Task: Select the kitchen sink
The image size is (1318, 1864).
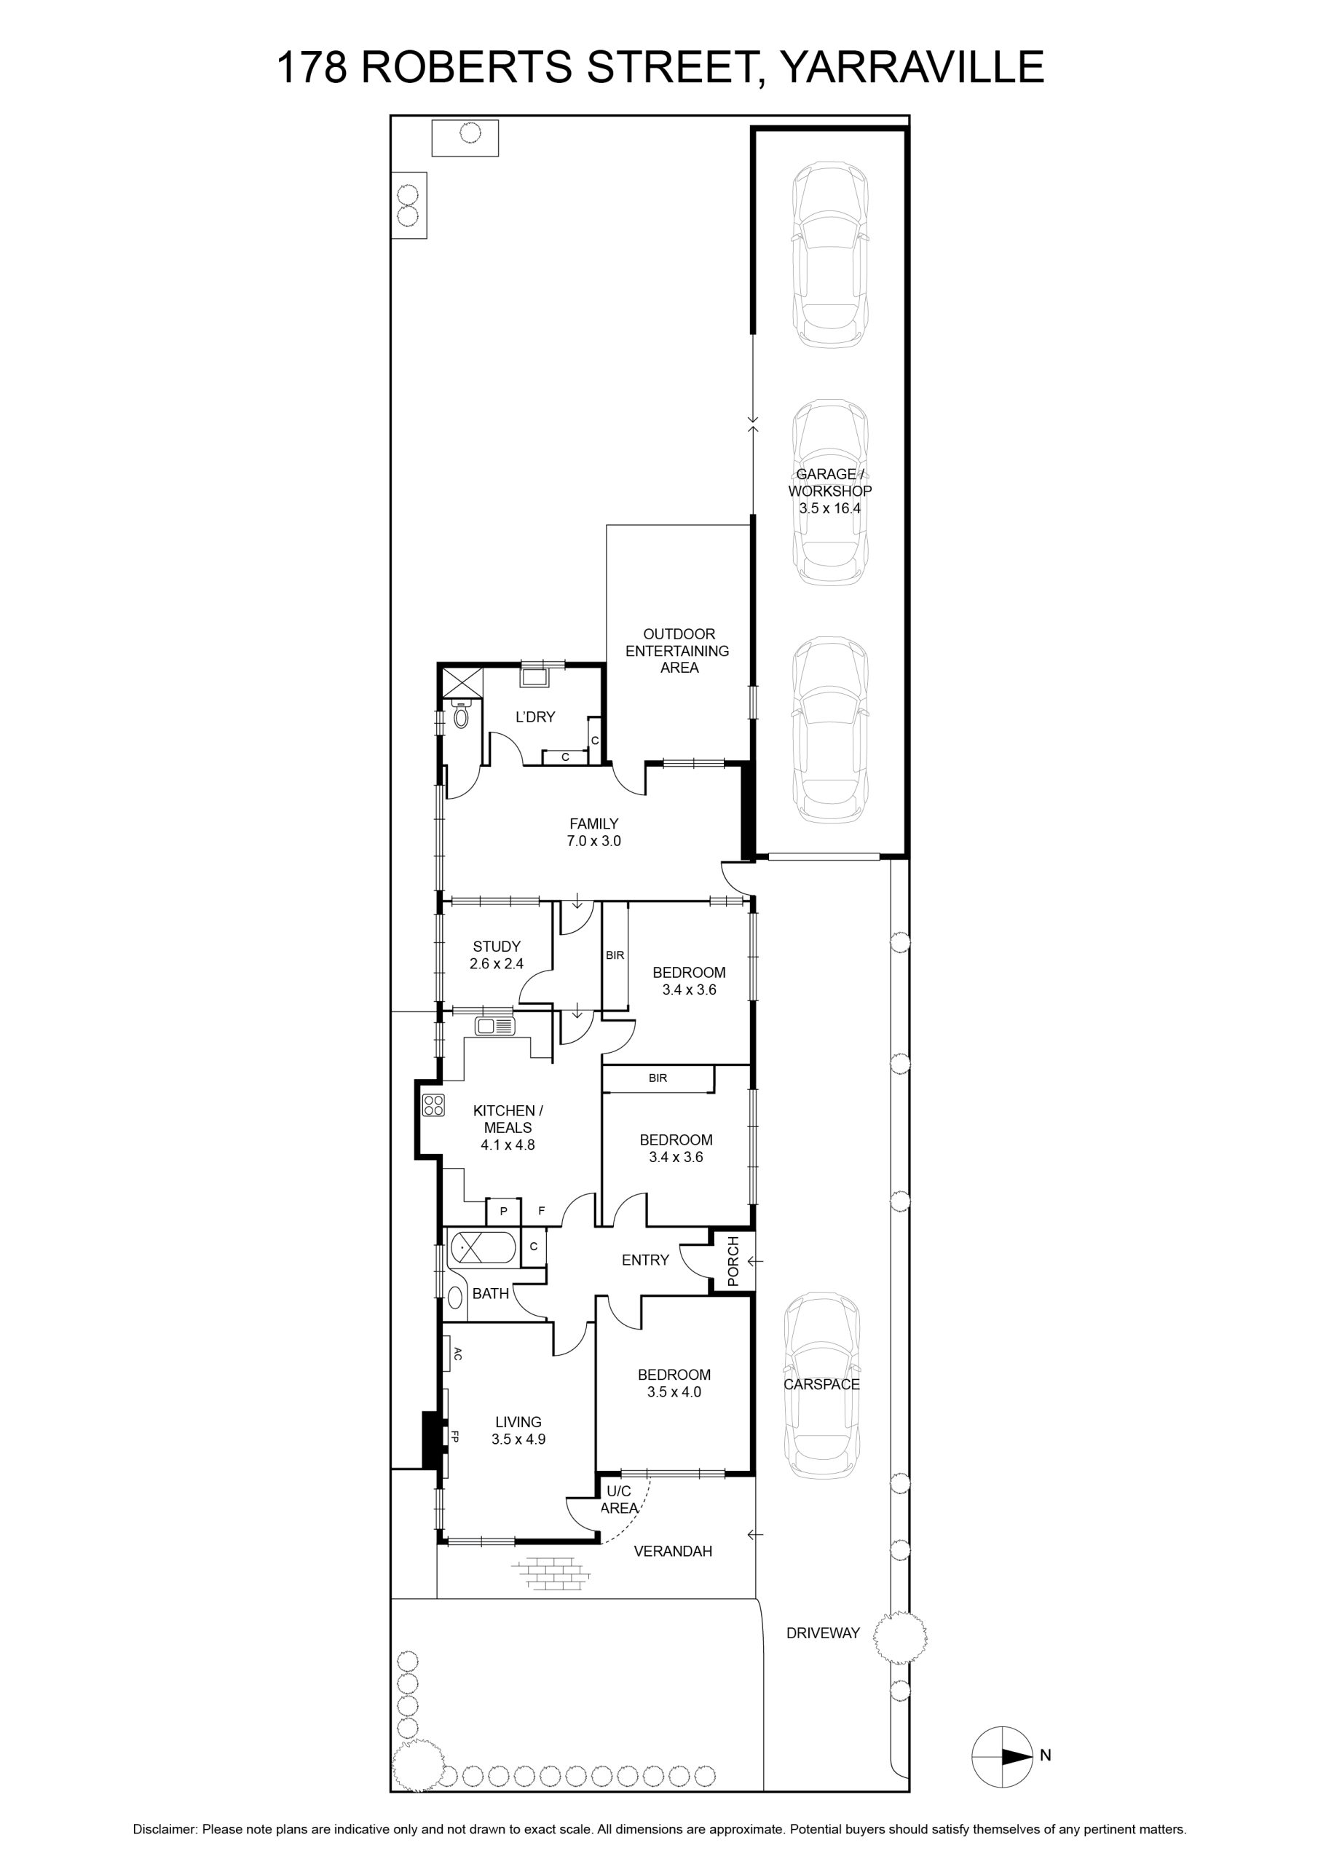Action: point(495,1025)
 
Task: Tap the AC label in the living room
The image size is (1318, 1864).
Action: point(457,1354)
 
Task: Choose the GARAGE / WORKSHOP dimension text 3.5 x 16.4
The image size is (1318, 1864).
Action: point(830,508)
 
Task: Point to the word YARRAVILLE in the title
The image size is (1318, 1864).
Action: point(911,66)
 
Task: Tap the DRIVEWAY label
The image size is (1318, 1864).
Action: point(823,1632)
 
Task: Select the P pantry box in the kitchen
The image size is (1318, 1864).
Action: point(503,1212)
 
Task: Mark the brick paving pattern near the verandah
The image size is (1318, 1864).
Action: point(550,1573)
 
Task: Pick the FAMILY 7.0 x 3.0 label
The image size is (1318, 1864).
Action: point(593,832)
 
